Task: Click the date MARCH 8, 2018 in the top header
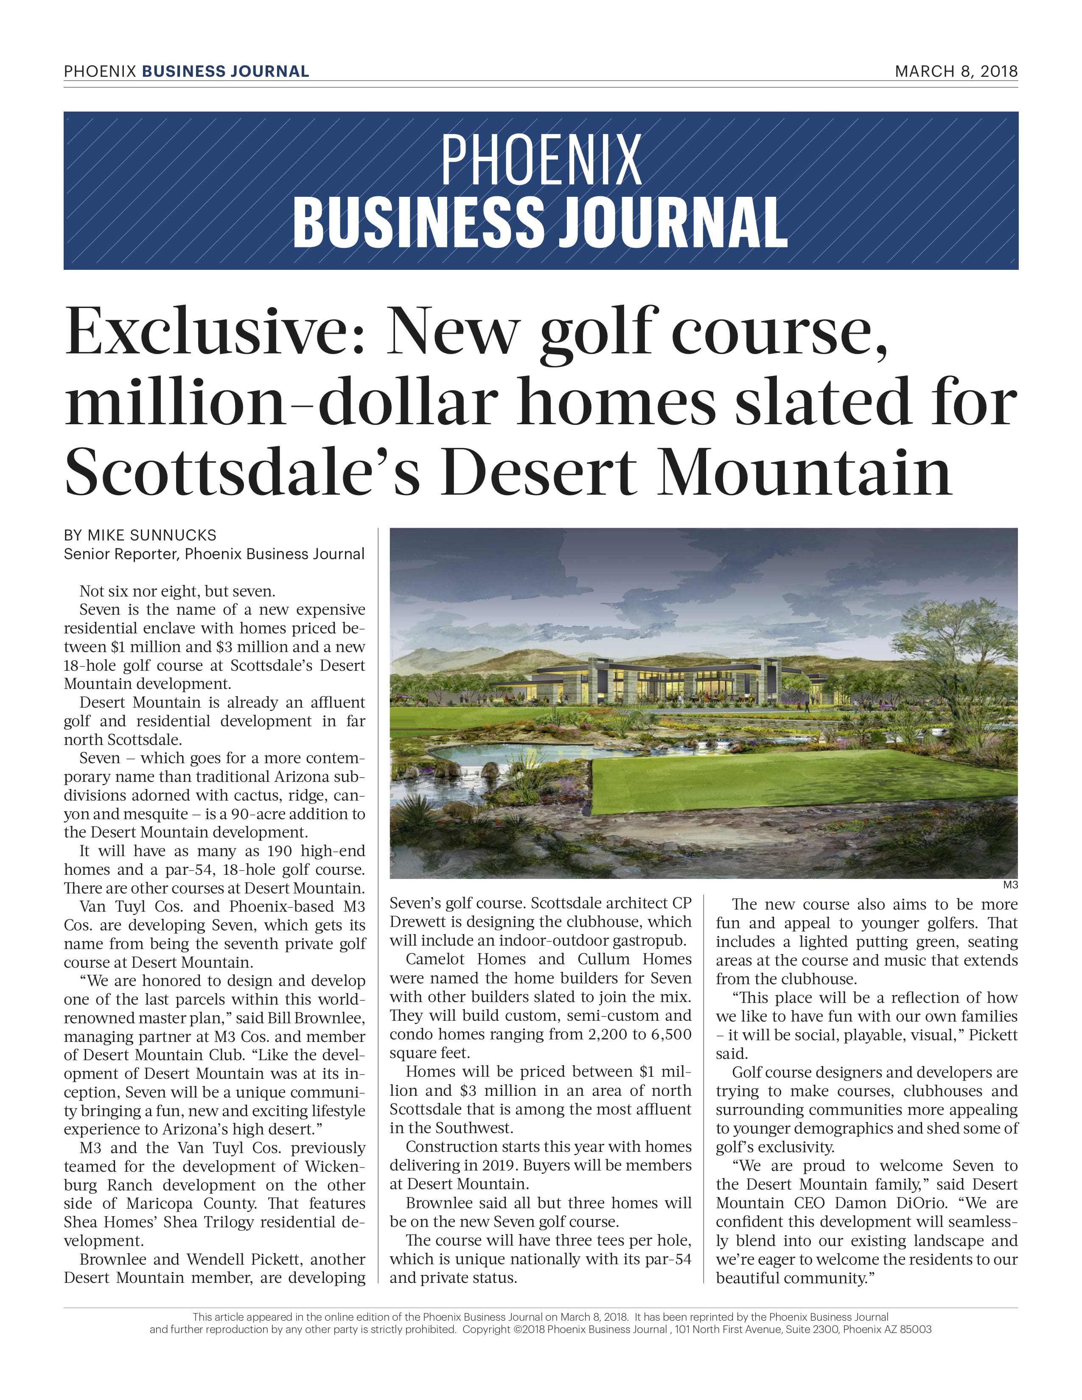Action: pyautogui.click(x=956, y=71)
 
